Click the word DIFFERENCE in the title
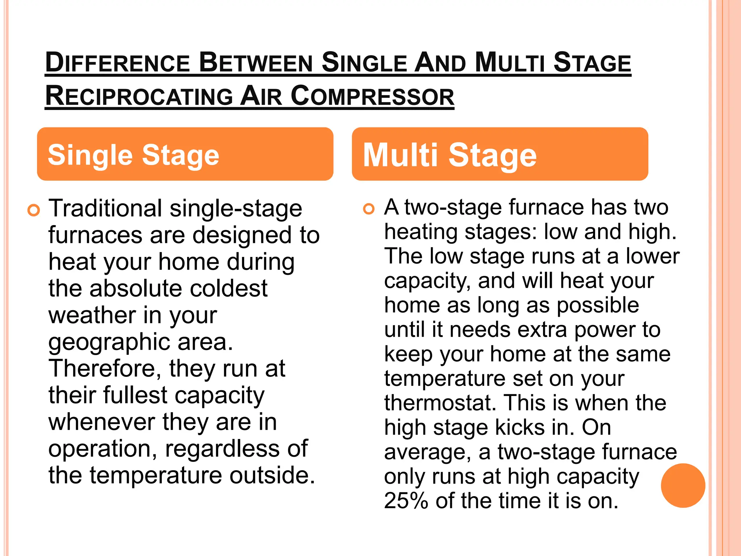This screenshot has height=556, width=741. pyautogui.click(x=118, y=63)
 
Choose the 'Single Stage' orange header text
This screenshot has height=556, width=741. pyautogui.click(x=134, y=155)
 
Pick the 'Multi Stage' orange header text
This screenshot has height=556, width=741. pyautogui.click(x=450, y=155)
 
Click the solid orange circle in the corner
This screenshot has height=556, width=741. pyautogui.click(x=683, y=485)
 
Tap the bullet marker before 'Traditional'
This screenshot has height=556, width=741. pyautogui.click(x=34, y=210)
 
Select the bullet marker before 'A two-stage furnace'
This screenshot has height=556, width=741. pyautogui.click(x=369, y=209)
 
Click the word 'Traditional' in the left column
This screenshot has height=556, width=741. pyautogui.click(x=105, y=208)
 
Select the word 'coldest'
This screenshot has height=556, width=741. pyautogui.click(x=229, y=288)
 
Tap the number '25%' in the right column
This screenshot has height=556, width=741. pyautogui.click(x=406, y=501)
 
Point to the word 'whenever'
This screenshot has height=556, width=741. pyautogui.click(x=102, y=422)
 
